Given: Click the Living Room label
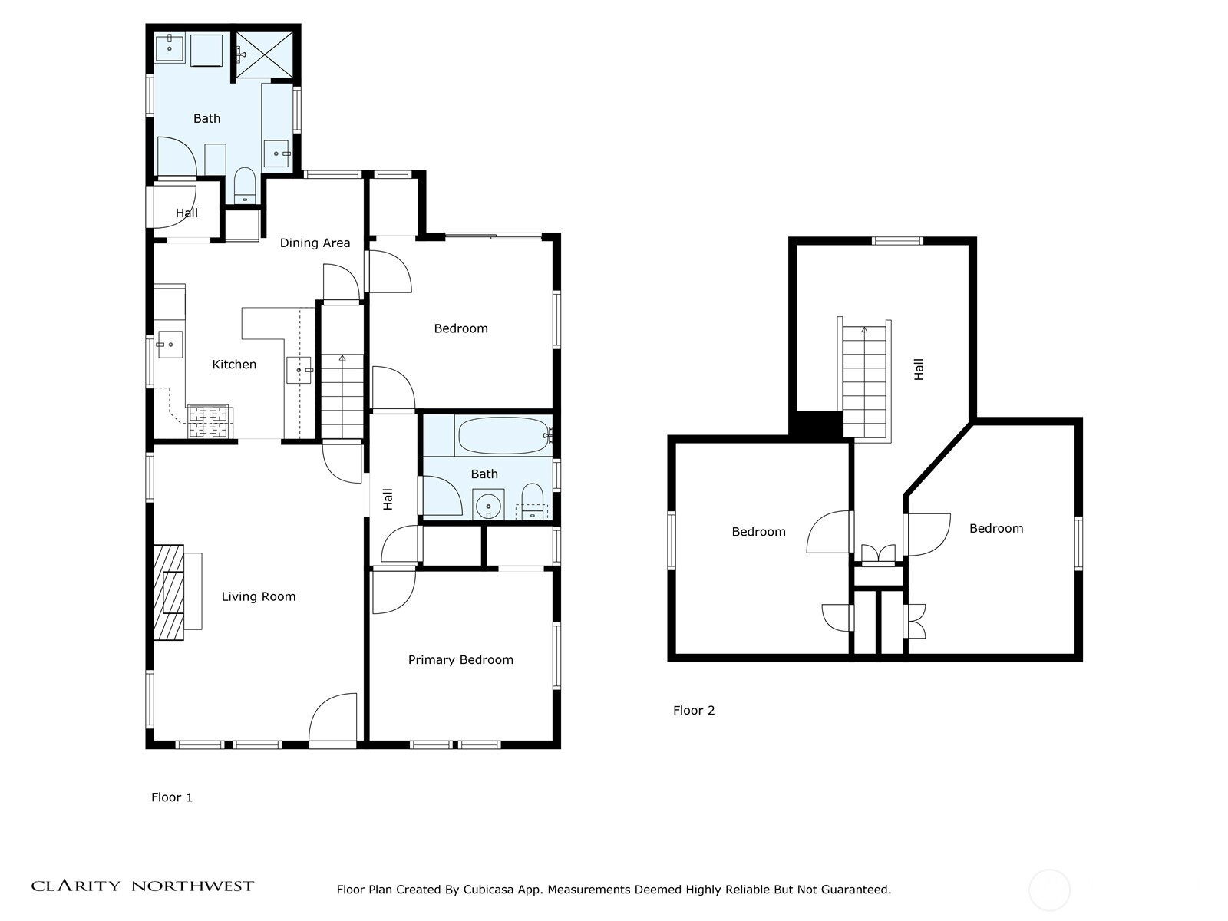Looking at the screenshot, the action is [259, 596].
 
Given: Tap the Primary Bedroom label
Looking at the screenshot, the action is [460, 660].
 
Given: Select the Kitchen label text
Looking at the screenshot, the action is [234, 365].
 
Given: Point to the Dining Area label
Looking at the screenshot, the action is [315, 243].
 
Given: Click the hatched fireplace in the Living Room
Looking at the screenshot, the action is [168, 593].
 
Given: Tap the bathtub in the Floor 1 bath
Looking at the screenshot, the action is [504, 436].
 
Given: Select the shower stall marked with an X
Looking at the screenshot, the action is [263, 54].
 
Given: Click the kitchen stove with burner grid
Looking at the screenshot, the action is [209, 421].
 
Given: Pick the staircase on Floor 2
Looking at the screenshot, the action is [864, 382].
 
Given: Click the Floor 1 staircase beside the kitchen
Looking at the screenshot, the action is [342, 396].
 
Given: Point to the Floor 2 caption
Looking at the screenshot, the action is [694, 711].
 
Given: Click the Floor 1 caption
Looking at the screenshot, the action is [172, 797].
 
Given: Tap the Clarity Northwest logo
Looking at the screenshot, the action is [143, 886].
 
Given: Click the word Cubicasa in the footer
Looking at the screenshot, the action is [488, 890].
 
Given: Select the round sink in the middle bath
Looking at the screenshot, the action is [488, 506].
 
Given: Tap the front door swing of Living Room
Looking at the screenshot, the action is [332, 718].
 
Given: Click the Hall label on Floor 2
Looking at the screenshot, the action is [919, 370].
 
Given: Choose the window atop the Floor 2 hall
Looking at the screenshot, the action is [896, 241].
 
